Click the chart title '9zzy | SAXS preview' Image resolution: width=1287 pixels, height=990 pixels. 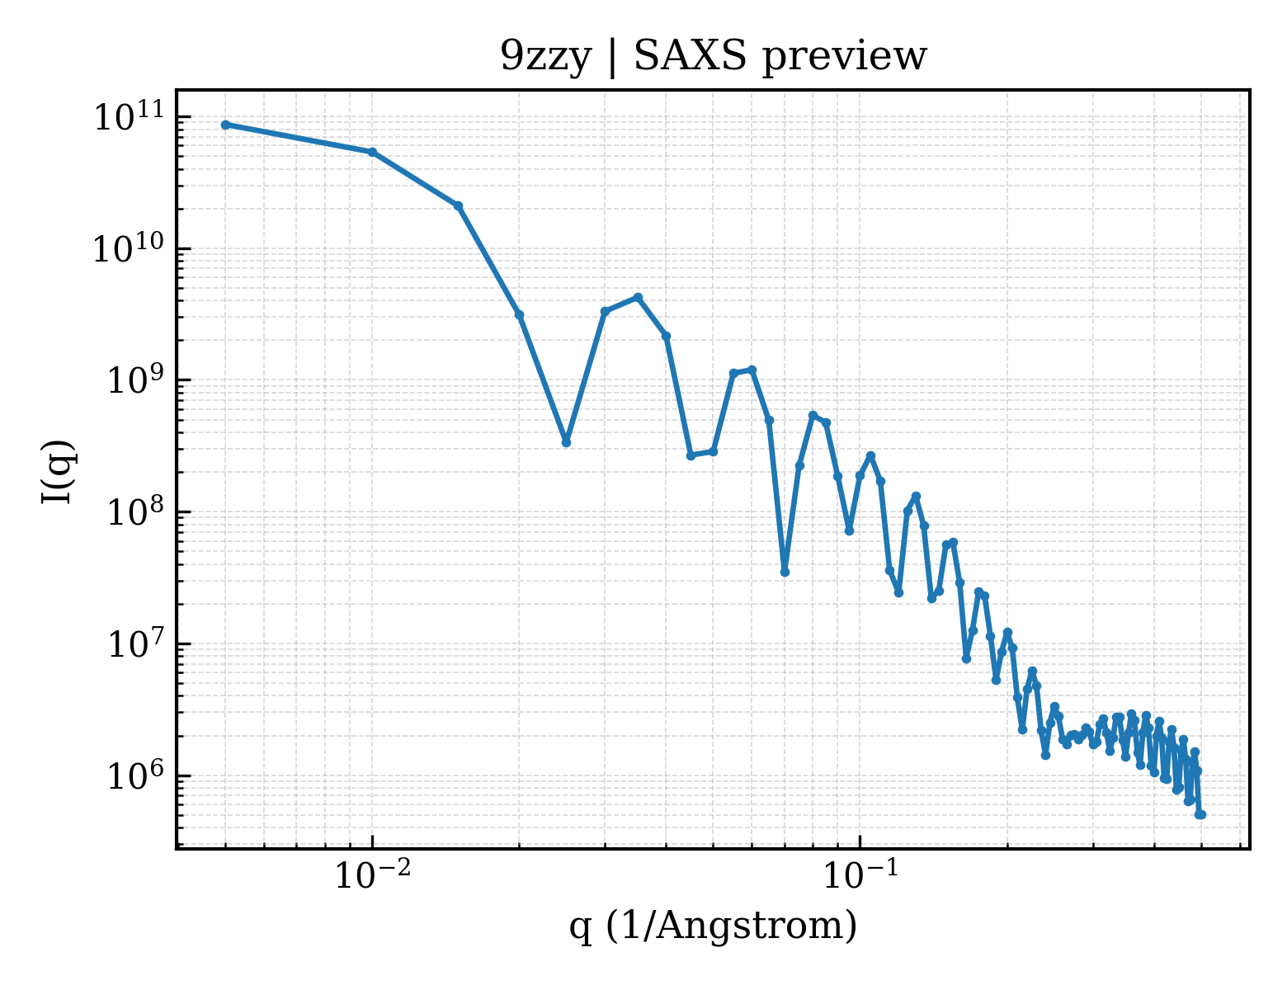(x=713, y=57)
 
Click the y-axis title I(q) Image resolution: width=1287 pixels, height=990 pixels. (x=58, y=471)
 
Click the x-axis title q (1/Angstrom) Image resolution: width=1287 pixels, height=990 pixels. (x=713, y=926)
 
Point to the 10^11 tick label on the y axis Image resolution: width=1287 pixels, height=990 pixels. (x=130, y=116)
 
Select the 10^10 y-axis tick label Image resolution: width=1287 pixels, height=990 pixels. (x=130, y=248)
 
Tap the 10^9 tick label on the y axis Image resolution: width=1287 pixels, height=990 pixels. (x=135, y=380)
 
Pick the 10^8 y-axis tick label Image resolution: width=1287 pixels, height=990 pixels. (x=135, y=512)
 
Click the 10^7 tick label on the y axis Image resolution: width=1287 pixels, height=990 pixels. (x=135, y=644)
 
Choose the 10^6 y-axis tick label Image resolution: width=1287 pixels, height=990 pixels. (x=135, y=776)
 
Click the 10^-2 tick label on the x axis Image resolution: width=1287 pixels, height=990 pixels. (x=373, y=875)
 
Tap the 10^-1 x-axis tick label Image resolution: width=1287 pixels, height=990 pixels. (x=860, y=875)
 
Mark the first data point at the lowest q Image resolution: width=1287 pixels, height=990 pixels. (x=226, y=125)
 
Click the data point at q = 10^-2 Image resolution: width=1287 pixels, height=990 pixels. (x=373, y=152)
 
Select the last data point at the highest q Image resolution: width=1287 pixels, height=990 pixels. (x=1201, y=815)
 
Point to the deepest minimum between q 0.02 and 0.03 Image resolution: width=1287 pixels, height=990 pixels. (x=566, y=442)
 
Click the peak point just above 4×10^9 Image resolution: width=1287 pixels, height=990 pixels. (x=638, y=297)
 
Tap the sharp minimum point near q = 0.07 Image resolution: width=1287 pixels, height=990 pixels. (x=785, y=572)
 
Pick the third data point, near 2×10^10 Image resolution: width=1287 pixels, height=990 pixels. (x=459, y=205)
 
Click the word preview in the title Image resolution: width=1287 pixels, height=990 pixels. (x=845, y=59)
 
